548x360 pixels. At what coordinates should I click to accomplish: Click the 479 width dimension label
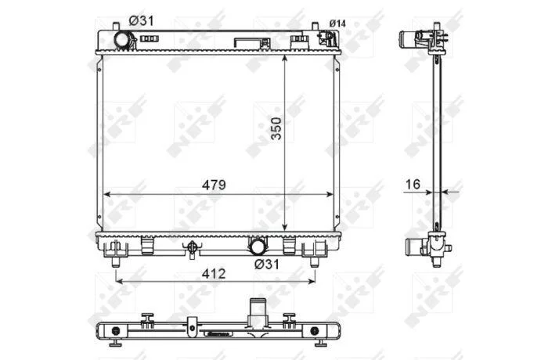pos(214,185)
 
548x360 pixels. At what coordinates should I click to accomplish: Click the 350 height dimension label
pos(276,128)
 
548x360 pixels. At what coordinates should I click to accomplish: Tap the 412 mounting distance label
pos(214,274)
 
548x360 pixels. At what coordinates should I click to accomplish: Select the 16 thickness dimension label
pos(413,184)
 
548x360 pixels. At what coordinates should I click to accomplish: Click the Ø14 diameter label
pos(337,23)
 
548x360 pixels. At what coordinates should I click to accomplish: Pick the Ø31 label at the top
pos(141,21)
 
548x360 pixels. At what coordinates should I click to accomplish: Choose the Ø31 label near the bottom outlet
pos(267,265)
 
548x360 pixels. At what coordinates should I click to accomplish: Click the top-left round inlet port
pos(124,39)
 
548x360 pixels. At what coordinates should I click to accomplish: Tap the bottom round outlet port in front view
pos(258,246)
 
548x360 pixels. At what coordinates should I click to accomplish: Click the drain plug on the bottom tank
pos(192,249)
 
